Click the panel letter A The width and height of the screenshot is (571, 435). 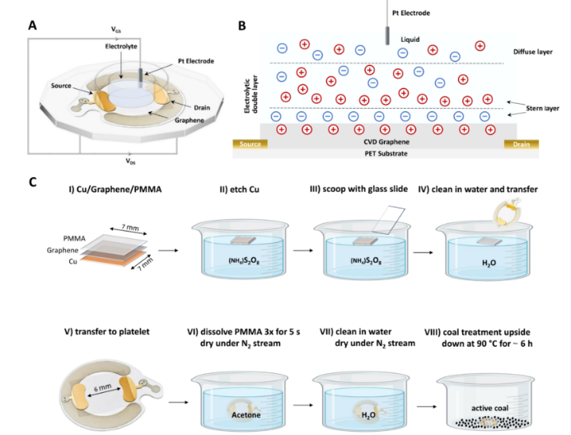(33, 26)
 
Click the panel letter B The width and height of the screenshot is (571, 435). (241, 26)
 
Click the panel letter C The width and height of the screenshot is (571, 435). (33, 180)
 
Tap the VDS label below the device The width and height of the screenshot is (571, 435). (130, 161)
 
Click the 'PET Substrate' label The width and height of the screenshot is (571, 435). (381, 153)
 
